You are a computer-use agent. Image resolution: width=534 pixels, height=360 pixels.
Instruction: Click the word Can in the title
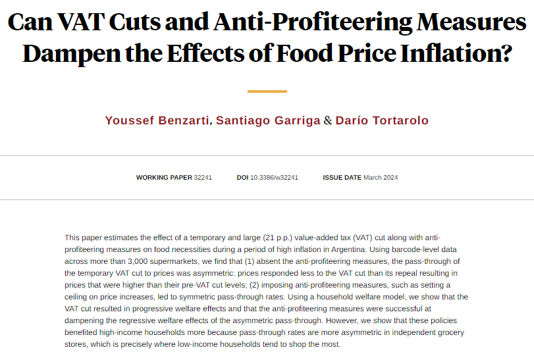(x=34, y=22)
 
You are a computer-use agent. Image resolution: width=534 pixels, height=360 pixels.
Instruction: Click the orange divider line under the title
(x=267, y=91)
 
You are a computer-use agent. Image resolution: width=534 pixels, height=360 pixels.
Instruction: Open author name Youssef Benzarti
(x=157, y=120)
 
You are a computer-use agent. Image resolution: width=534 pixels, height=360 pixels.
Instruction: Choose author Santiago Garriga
(x=268, y=120)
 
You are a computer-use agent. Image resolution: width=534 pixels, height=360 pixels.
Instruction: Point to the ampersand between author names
(x=328, y=120)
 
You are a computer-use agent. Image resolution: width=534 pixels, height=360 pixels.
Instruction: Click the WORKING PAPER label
(x=164, y=178)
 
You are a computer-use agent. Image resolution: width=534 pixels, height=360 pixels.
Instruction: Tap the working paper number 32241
(x=203, y=178)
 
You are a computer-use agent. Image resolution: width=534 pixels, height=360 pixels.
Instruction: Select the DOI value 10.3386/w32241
(x=274, y=178)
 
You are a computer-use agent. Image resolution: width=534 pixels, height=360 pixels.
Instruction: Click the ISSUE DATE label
(x=342, y=178)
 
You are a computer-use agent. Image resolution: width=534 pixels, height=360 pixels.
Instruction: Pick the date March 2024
(x=381, y=178)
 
